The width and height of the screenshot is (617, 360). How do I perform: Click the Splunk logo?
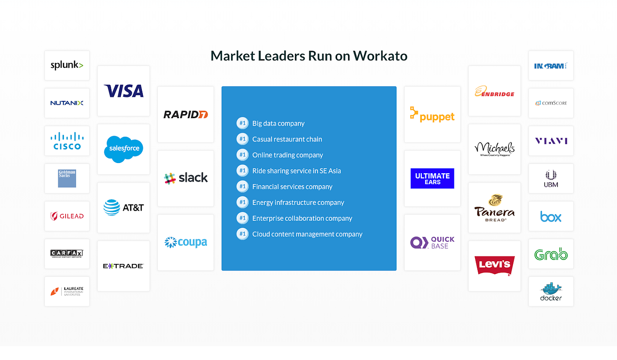pos(67,65)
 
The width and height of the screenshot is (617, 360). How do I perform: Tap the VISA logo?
pos(123,91)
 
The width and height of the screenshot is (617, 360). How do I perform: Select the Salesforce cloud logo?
pos(123,149)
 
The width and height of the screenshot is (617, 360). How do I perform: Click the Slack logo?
pos(186,178)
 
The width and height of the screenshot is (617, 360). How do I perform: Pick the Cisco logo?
pos(67,141)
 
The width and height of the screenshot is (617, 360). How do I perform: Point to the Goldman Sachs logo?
pos(67,178)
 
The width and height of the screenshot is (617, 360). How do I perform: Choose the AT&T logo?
pos(123,208)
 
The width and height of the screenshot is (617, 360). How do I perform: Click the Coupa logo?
pos(186,242)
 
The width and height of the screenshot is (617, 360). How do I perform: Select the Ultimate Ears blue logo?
pos(432,178)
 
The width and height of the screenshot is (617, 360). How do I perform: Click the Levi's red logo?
pos(494,265)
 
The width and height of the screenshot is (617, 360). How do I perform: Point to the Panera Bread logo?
pos(494,208)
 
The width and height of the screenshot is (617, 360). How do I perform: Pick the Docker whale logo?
pos(551,292)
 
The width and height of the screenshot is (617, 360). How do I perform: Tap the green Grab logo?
pos(551,254)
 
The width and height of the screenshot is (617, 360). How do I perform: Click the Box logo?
pos(551,216)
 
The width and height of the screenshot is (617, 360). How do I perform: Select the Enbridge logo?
pos(494,91)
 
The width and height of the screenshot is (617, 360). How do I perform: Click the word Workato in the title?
pos(380,56)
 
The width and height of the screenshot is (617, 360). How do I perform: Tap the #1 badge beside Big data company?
pos(242,123)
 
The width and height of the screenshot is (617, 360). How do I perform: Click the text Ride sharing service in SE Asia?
pos(296,171)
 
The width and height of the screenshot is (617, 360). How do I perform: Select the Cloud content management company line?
pos(307,234)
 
